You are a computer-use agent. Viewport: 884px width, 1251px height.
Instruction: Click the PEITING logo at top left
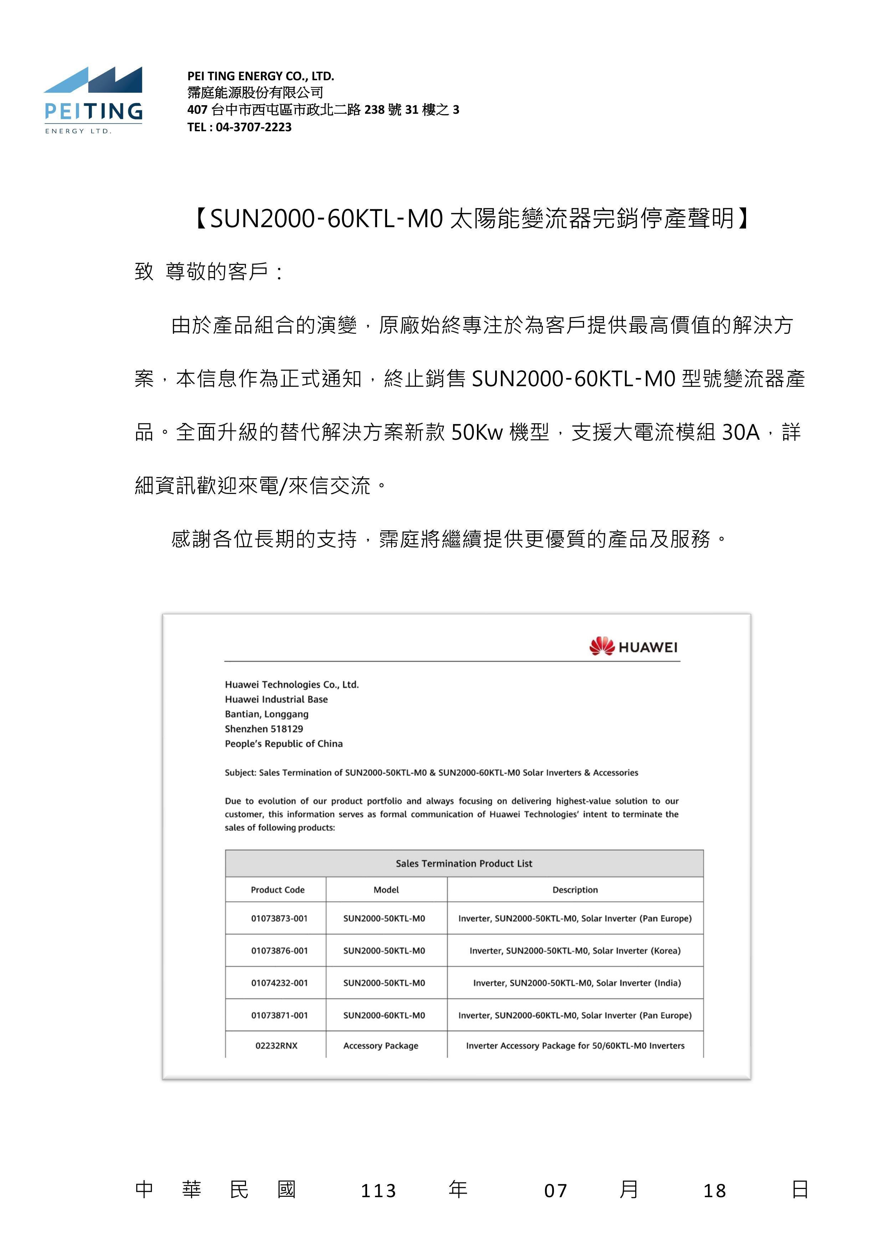pyautogui.click(x=93, y=100)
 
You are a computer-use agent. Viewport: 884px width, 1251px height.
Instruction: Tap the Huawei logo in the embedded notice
pyautogui.click(x=633, y=647)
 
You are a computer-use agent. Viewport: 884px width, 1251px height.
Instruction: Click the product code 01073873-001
pyautogui.click(x=279, y=918)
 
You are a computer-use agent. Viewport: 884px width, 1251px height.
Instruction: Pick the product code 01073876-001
pyautogui.click(x=279, y=950)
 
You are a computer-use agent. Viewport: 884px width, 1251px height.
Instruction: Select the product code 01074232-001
pyautogui.click(x=279, y=982)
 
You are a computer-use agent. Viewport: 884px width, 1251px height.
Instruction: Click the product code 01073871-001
pyautogui.click(x=279, y=1015)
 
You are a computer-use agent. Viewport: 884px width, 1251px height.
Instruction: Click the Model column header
pyautogui.click(x=386, y=890)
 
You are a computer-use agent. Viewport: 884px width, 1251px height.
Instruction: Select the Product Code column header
pyautogui.click(x=277, y=890)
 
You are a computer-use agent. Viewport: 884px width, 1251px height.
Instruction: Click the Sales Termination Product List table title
pyautogui.click(x=463, y=863)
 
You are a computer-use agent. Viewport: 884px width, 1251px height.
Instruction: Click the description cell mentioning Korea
pyautogui.click(x=575, y=950)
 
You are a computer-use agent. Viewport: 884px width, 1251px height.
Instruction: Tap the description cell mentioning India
pyautogui.click(x=577, y=982)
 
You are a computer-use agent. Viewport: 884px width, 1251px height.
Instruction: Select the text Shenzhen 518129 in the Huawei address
pyautogui.click(x=264, y=729)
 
